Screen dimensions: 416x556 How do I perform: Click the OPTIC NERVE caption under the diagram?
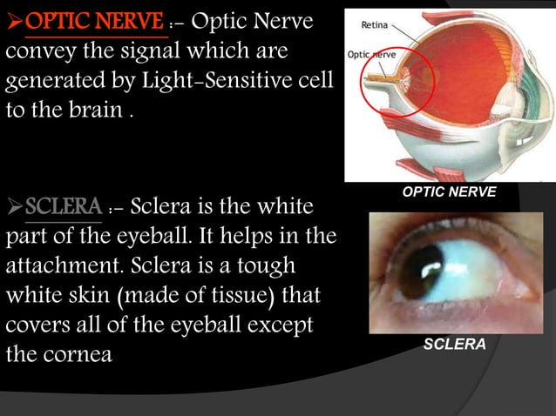(451, 190)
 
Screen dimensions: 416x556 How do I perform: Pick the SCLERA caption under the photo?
(454, 346)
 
